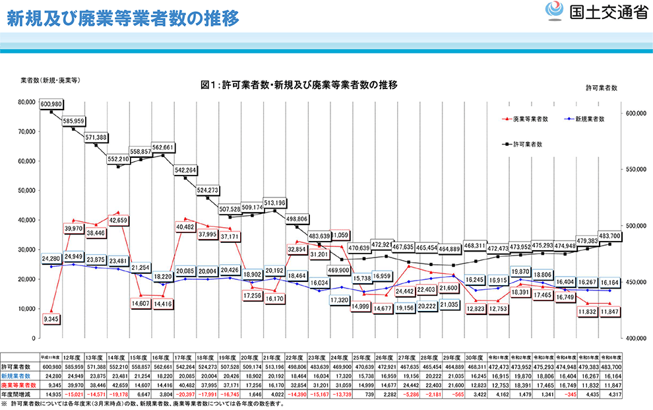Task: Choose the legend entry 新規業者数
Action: [590, 119]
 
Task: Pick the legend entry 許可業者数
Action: [532, 143]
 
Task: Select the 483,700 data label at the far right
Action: [609, 235]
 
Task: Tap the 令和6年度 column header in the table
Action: [610, 355]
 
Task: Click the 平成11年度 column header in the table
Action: [51, 355]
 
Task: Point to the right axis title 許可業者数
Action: [601, 87]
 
